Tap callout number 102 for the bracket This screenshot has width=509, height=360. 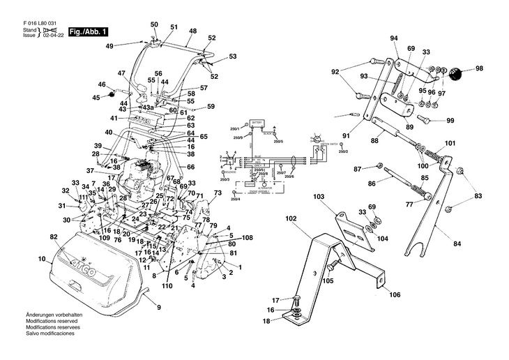click(291, 218)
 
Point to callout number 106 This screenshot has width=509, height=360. click(395, 294)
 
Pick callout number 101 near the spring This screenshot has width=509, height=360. click(450, 144)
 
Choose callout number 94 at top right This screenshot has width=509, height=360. click(394, 38)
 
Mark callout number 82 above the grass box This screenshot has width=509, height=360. click(53, 238)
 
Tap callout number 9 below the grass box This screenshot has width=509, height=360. click(158, 308)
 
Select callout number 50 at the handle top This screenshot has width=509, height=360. click(154, 24)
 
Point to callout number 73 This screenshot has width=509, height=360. click(218, 192)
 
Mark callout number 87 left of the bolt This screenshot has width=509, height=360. click(358, 169)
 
